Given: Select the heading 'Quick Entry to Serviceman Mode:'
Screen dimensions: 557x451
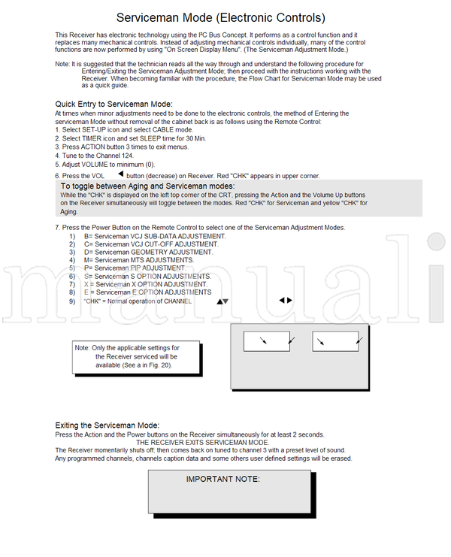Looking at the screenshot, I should point(114,104).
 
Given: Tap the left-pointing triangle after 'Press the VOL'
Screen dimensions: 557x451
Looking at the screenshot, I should point(120,174).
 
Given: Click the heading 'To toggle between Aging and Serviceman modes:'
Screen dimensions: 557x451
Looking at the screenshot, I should point(147,186).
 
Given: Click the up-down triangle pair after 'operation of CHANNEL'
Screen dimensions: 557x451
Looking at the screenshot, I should point(222,301).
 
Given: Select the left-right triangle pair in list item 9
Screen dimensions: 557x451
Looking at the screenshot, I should point(286,300).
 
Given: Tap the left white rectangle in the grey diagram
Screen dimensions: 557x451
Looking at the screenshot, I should point(267,342).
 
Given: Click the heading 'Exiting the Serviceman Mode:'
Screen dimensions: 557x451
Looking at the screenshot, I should point(108,425).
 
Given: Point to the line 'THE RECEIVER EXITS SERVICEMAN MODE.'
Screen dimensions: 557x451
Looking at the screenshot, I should point(202,442).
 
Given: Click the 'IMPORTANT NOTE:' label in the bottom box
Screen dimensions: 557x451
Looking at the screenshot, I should point(222,479).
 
